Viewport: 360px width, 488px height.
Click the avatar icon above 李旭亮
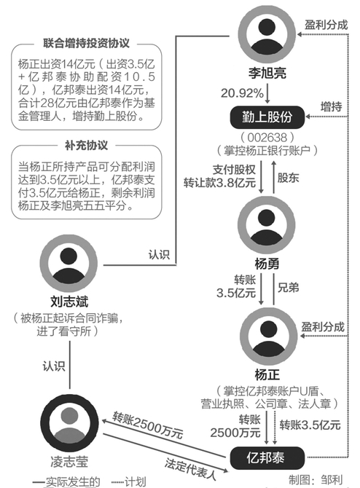[x=267, y=34]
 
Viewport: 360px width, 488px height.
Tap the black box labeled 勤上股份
[x=267, y=117]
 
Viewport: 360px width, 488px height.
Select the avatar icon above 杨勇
[x=266, y=225]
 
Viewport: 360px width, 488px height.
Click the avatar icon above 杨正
[x=269, y=336]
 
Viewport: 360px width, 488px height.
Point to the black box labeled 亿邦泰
[x=267, y=458]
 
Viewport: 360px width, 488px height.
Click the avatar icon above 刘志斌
[x=69, y=263]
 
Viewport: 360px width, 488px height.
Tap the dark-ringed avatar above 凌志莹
[x=69, y=423]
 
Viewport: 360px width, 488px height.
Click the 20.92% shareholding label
[x=242, y=93]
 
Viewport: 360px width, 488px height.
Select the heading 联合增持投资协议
[x=86, y=43]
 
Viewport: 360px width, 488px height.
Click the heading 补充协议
[x=86, y=146]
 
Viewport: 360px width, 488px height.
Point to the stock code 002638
[x=267, y=137]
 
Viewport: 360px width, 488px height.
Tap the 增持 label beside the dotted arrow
[x=332, y=107]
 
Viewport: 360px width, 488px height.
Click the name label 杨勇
[x=267, y=264]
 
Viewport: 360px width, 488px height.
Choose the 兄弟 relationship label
[x=288, y=288]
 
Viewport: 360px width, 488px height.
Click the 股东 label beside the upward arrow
[x=288, y=178]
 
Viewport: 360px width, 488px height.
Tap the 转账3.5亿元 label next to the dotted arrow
[x=310, y=425]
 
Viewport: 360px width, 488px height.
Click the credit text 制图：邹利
[x=316, y=479]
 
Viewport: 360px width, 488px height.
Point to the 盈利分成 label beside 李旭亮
[x=326, y=25]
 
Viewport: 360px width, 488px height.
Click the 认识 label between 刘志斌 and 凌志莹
[x=54, y=366]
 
